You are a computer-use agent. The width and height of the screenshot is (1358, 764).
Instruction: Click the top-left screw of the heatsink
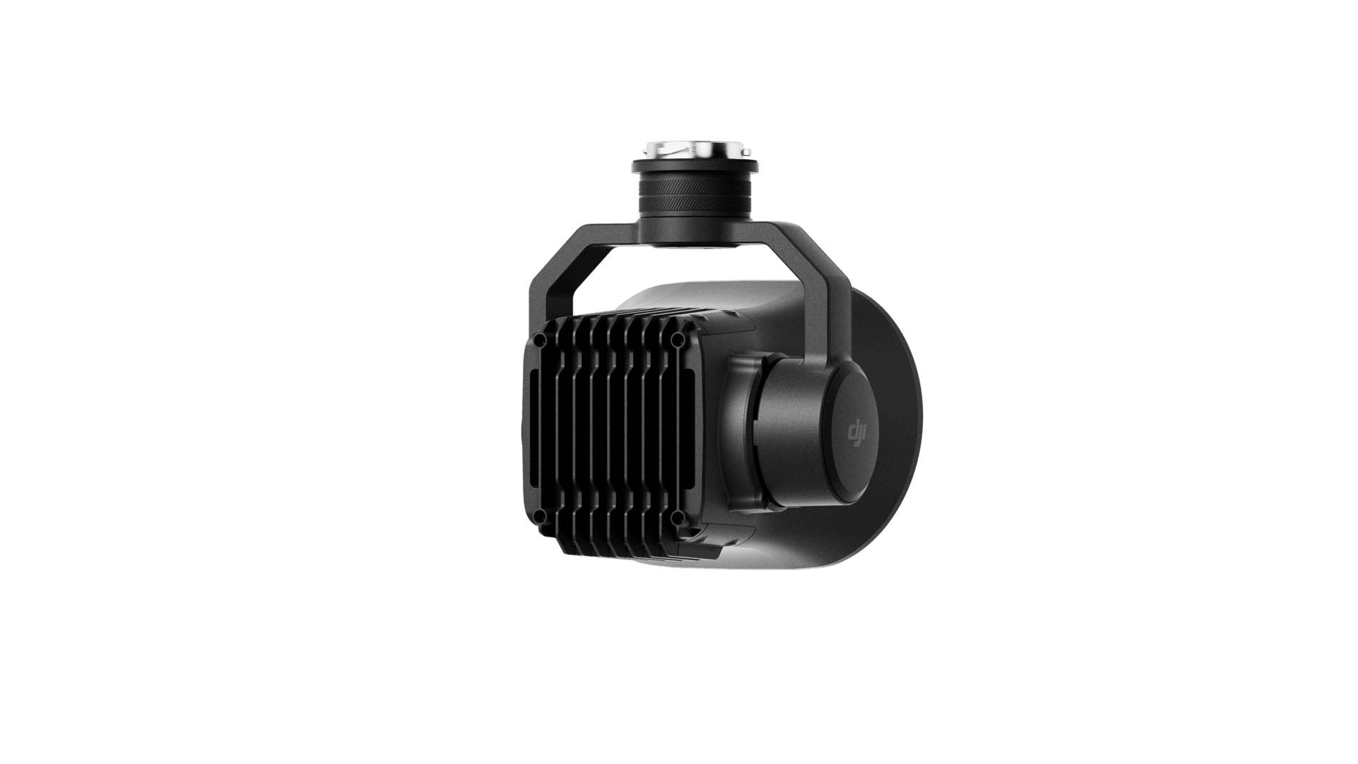(540, 340)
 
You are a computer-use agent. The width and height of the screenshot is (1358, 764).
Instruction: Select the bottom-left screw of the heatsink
(540, 516)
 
